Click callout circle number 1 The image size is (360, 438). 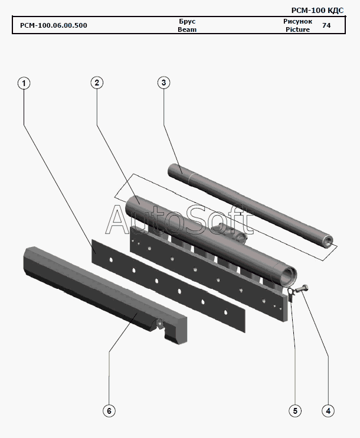click(x=24, y=83)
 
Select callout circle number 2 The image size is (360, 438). click(x=97, y=83)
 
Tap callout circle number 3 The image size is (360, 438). click(x=163, y=83)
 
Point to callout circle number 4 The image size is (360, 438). click(x=328, y=411)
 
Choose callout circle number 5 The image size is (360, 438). click(x=295, y=411)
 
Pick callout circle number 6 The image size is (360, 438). click(x=109, y=411)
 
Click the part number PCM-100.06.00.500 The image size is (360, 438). click(x=54, y=25)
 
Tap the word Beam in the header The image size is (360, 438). click(x=187, y=29)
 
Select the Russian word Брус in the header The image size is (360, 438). click(x=187, y=21)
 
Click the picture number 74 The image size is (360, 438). click(x=326, y=25)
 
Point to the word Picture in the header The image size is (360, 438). click(x=297, y=29)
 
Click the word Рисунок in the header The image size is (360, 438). click(x=297, y=21)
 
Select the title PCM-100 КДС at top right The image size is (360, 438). click(x=318, y=11)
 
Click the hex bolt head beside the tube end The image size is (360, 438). click(x=304, y=289)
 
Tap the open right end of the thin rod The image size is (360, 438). click(x=328, y=242)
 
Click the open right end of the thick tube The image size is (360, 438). click(x=289, y=277)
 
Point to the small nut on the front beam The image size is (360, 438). click(x=160, y=324)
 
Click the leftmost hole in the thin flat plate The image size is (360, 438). click(x=111, y=260)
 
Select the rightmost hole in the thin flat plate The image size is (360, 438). click(x=225, y=312)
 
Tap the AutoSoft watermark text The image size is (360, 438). click(x=179, y=220)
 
